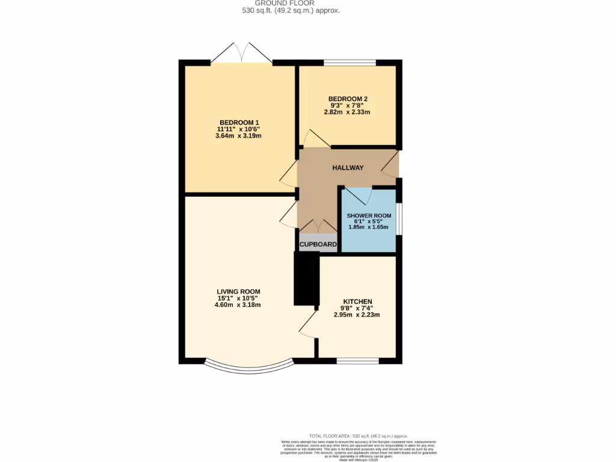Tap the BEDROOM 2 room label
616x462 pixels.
pyautogui.click(x=348, y=99)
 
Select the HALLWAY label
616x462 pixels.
pyautogui.click(x=348, y=168)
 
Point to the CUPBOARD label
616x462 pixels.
pyautogui.click(x=318, y=244)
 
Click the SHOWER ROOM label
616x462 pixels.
pyautogui.click(x=369, y=215)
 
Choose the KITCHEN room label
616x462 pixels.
pyautogui.click(x=357, y=301)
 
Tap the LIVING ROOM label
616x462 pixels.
pyautogui.click(x=238, y=291)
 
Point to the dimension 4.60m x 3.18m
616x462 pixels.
pyautogui.click(x=238, y=304)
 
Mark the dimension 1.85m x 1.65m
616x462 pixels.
pyautogui.click(x=369, y=227)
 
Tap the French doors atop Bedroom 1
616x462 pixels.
pyautogui.click(x=241, y=53)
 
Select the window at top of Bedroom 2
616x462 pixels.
pyautogui.click(x=350, y=63)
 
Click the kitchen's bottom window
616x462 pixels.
pyautogui.click(x=357, y=361)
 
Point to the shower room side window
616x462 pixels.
pyautogui.click(x=399, y=218)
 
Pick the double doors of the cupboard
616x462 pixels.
pyautogui.click(x=319, y=227)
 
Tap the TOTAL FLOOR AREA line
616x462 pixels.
pyautogui.click(x=358, y=436)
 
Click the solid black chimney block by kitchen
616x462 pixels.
pyautogui.click(x=304, y=279)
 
